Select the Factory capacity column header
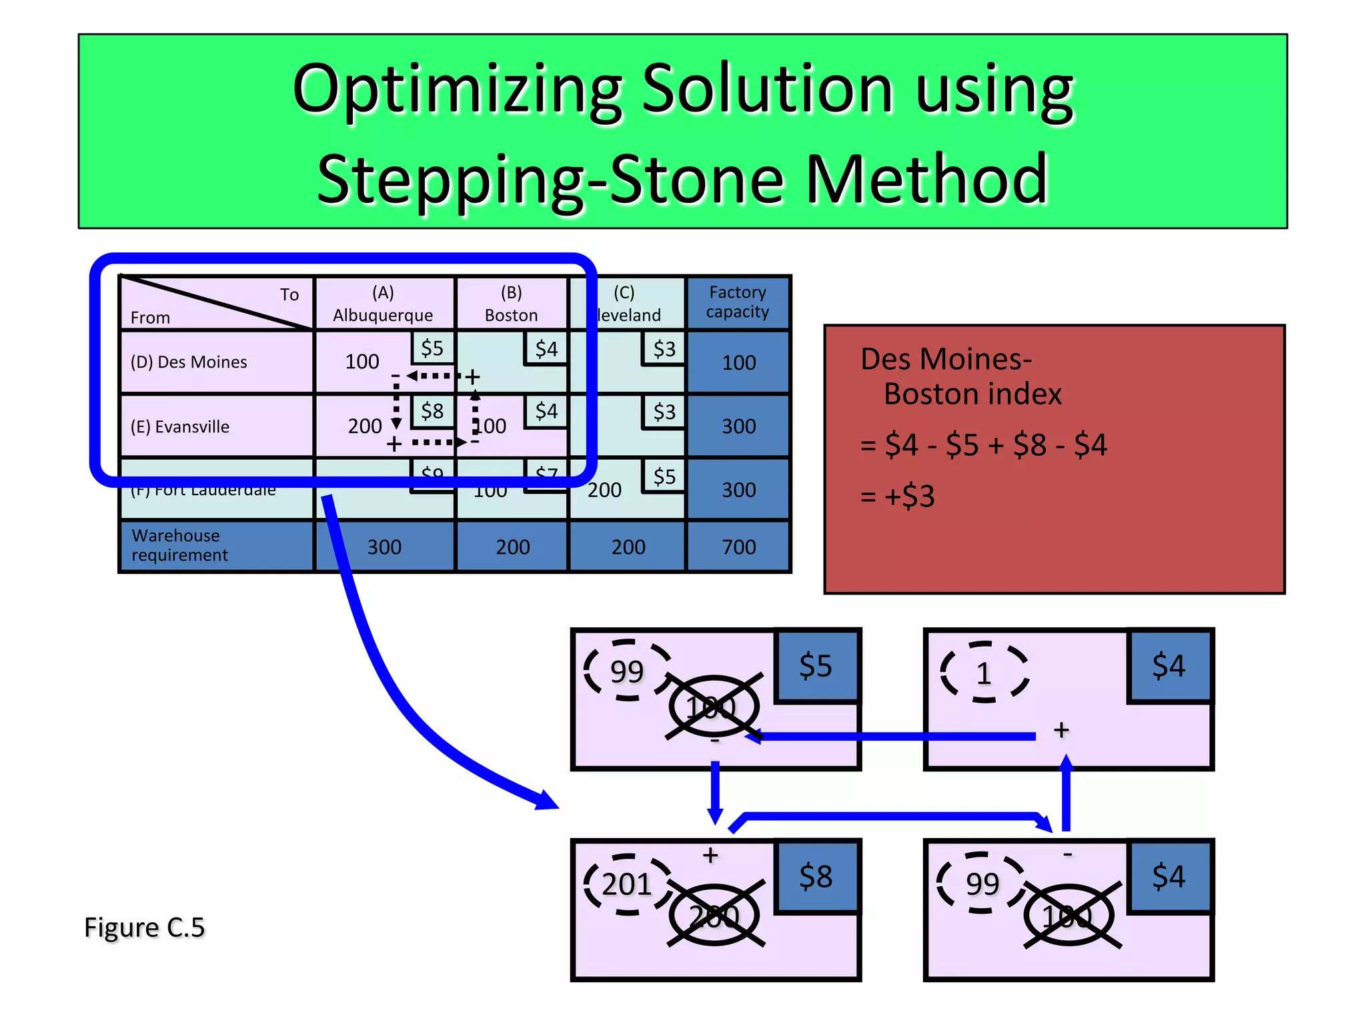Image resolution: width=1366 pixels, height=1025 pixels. click(x=738, y=302)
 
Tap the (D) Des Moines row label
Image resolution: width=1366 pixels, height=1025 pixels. click(x=189, y=362)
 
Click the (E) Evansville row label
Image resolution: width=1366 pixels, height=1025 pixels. click(x=180, y=427)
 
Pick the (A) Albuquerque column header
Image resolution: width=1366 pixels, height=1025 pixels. click(x=383, y=304)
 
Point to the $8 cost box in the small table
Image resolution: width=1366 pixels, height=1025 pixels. click(x=432, y=411)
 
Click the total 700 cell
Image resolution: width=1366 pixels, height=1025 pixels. click(x=738, y=547)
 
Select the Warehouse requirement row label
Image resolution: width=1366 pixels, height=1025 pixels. click(x=179, y=545)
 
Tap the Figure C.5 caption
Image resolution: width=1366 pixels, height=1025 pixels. click(x=144, y=928)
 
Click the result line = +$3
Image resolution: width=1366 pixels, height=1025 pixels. click(x=898, y=496)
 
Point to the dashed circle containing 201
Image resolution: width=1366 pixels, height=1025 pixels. click(x=627, y=884)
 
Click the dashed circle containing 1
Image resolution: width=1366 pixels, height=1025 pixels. click(x=984, y=673)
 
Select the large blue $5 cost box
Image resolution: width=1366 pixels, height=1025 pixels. click(x=816, y=666)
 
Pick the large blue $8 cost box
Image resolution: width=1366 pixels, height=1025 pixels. click(x=816, y=876)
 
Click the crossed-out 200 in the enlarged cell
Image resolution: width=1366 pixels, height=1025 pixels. click(x=714, y=916)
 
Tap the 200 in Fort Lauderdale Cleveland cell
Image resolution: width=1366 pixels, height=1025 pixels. click(x=604, y=490)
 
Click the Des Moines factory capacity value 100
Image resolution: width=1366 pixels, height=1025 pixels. click(x=738, y=363)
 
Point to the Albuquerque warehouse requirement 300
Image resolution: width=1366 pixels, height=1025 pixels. click(x=384, y=547)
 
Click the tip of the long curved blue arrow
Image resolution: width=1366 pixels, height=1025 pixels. click(x=556, y=806)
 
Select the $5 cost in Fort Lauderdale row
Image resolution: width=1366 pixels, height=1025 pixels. click(x=664, y=476)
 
